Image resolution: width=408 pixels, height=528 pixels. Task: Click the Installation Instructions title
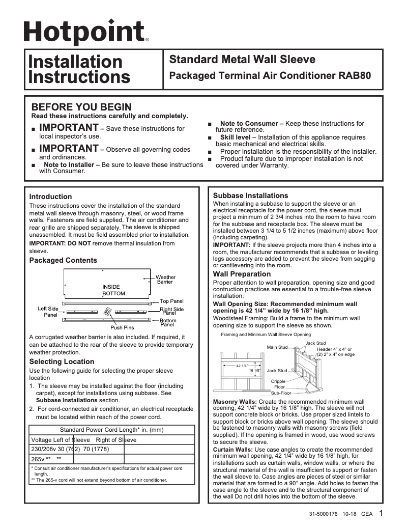coord(79,69)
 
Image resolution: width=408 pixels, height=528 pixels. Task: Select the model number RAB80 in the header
coord(354,76)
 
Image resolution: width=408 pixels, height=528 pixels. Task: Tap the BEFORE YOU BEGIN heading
coord(81,107)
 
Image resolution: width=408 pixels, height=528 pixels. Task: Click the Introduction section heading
coord(50,197)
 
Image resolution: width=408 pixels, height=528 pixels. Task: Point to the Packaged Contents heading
coord(63,260)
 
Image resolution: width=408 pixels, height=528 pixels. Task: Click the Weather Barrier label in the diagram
coord(165,280)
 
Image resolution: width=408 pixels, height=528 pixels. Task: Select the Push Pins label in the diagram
coord(122,327)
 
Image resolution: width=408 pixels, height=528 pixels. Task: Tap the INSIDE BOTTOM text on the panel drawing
coord(113,290)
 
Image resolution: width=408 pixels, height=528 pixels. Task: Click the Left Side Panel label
coord(48,312)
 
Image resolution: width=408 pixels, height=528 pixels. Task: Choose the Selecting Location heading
coord(62,362)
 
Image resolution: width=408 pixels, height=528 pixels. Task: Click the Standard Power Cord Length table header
coord(111,430)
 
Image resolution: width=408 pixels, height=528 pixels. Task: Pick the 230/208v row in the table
coord(70,449)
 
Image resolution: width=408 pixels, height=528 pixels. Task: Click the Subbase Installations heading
coord(250,196)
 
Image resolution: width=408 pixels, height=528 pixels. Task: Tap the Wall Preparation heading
coord(242,274)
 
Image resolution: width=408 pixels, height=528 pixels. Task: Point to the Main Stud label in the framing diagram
coord(277,347)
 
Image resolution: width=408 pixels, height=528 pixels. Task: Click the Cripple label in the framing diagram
coord(278,381)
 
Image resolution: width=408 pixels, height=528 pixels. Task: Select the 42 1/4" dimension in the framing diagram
coord(242,366)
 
